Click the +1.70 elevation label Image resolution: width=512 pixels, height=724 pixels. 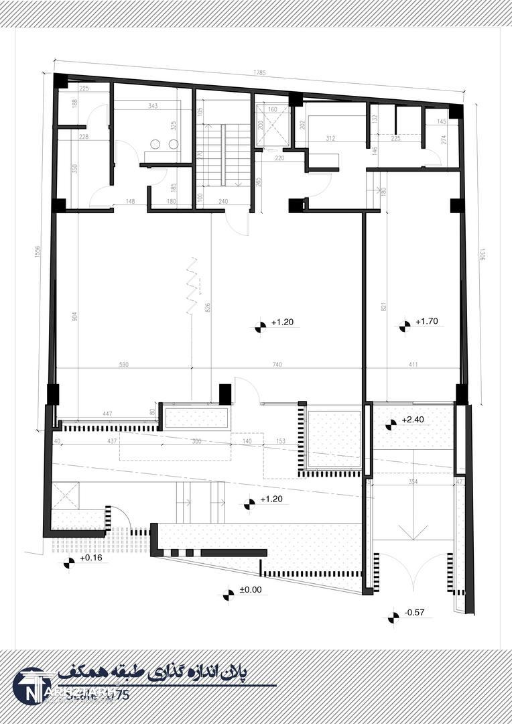426,322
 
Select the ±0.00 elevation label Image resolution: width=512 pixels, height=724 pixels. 251,590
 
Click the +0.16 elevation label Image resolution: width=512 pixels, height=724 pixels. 90,558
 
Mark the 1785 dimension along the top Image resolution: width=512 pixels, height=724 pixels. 260,72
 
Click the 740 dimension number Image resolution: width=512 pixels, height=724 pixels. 277,365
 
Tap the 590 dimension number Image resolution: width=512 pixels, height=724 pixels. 123,365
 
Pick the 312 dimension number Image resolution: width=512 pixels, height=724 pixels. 330,139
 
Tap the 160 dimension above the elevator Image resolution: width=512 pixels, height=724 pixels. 272,109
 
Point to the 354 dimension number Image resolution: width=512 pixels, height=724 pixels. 413,482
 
